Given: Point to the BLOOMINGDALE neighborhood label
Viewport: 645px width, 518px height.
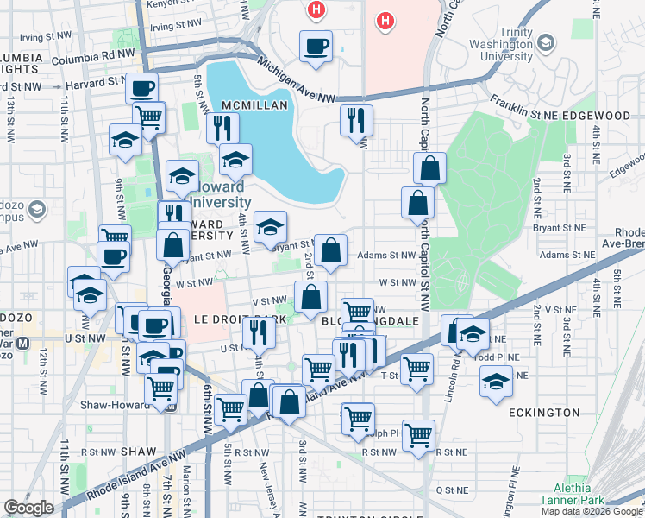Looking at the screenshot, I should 370,320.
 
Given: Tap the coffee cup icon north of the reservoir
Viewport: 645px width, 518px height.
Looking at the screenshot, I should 316,46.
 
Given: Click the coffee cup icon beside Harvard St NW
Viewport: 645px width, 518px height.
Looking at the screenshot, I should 141,88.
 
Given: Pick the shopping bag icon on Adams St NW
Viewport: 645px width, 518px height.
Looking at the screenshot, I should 331,251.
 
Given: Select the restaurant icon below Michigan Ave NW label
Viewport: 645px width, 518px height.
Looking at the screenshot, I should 356,120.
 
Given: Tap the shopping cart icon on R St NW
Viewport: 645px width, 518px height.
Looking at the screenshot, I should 418,435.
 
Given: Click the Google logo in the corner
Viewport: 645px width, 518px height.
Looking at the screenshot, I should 28,508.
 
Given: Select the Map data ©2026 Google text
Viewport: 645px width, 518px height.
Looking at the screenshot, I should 592,511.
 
